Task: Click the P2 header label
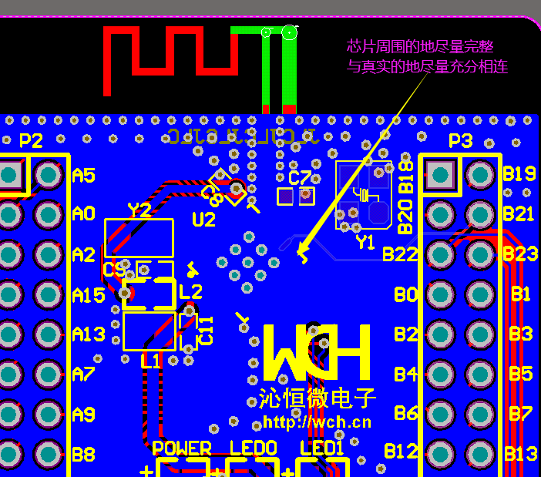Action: [x=31, y=141]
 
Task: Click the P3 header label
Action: [x=460, y=141]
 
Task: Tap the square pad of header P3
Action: [x=441, y=174]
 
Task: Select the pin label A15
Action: [x=88, y=294]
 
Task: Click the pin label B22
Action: [x=400, y=254]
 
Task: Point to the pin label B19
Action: [x=519, y=174]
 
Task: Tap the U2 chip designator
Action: [x=203, y=220]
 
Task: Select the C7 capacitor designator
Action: [x=300, y=177]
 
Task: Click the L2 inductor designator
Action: [x=190, y=291]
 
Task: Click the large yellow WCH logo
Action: [x=317, y=351]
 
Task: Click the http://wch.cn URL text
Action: [x=317, y=422]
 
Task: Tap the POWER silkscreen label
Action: [x=182, y=448]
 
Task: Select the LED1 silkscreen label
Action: [x=322, y=448]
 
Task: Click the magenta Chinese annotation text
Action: [x=427, y=56]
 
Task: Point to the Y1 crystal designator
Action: [x=365, y=242]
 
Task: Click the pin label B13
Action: [x=520, y=454]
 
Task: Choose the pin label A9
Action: [x=83, y=415]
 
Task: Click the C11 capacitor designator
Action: [x=206, y=330]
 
